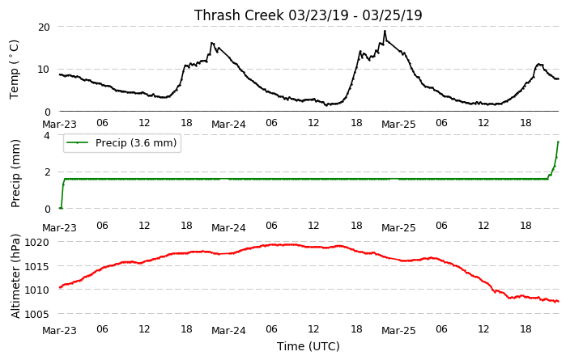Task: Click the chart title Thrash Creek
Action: [239, 15]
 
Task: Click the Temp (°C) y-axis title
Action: [14, 70]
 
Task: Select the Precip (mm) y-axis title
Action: [15, 174]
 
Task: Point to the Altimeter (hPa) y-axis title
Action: [15, 277]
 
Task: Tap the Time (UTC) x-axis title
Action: [308, 346]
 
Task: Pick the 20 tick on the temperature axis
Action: [44, 27]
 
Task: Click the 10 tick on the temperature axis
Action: [44, 69]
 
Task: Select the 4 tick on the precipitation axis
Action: [47, 135]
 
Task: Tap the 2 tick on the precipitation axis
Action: [47, 172]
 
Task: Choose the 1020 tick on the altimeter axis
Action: [37, 242]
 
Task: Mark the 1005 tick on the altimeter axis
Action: [37, 314]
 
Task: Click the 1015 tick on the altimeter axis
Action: [37, 266]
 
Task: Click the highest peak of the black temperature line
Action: [385, 31]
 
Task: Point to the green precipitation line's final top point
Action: [558, 142]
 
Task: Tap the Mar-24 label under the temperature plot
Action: [228, 125]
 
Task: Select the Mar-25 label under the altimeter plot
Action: [398, 331]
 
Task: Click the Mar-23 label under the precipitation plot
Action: [59, 228]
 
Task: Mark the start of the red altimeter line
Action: [60, 288]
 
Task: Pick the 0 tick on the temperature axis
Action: [47, 112]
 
